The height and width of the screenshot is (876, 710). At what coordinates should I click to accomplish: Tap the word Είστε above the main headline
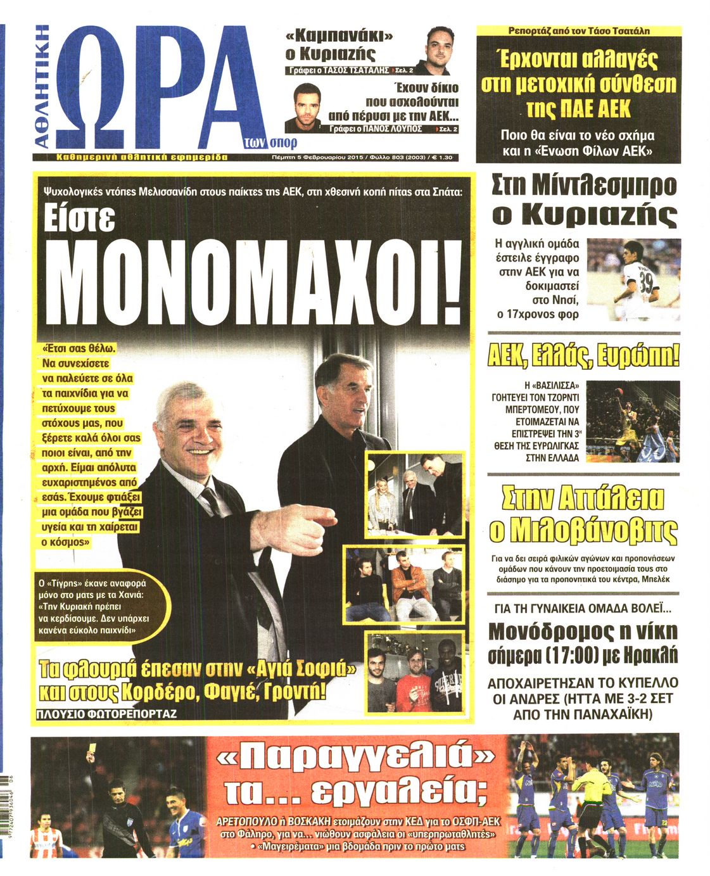79,219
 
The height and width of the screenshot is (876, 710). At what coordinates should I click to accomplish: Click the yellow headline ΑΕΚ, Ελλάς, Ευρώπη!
583,357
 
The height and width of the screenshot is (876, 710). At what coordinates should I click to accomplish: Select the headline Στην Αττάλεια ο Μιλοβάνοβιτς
583,514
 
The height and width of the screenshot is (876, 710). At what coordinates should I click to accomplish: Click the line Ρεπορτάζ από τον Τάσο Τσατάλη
579,30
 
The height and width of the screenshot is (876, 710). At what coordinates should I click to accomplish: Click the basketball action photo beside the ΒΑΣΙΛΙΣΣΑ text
633,421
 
